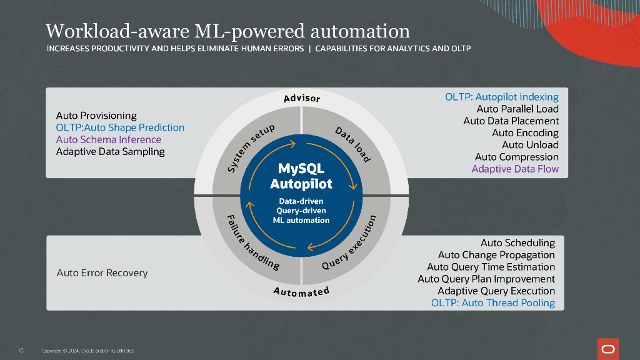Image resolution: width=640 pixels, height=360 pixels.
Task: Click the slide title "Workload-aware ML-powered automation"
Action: (x=228, y=31)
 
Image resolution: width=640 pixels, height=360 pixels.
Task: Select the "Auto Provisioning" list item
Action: (x=96, y=116)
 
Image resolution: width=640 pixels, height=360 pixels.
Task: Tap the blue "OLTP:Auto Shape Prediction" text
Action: (x=120, y=127)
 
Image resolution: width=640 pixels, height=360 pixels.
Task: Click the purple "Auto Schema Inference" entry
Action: (x=108, y=139)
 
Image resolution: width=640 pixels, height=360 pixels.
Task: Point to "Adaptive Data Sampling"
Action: (x=110, y=151)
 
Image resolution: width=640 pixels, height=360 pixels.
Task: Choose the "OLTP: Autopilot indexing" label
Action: (x=502, y=97)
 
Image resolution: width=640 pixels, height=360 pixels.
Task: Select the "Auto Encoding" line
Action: (x=525, y=133)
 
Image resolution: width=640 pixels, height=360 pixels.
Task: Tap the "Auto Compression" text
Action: (x=516, y=157)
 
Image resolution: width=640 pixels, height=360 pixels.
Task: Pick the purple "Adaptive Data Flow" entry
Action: (x=515, y=169)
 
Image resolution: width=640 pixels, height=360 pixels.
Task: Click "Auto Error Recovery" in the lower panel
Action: (x=102, y=272)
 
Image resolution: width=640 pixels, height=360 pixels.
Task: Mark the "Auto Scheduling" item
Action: (x=517, y=242)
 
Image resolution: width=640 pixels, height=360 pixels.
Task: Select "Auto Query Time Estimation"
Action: (x=491, y=267)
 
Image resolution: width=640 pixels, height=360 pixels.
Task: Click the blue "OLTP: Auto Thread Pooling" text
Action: (x=492, y=303)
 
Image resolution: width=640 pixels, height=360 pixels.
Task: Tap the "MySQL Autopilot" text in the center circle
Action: (x=301, y=176)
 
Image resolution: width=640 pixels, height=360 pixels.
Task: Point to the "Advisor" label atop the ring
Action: (x=301, y=98)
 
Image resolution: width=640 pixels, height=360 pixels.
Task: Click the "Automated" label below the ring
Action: (x=301, y=292)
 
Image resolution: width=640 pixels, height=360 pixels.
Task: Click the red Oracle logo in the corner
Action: (x=607, y=347)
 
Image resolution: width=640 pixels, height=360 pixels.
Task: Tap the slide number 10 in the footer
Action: (x=21, y=350)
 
